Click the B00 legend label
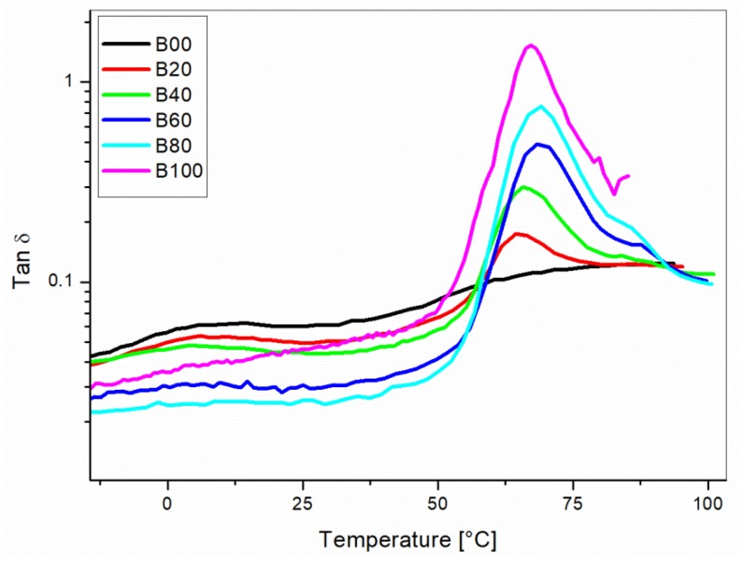point(174,42)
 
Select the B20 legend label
point(174,67)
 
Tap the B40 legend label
point(174,93)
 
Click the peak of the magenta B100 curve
point(531,45)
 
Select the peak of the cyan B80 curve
point(540,106)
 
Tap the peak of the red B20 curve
point(518,233)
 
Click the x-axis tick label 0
point(167,502)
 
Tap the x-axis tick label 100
point(707,502)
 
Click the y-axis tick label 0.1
point(68,281)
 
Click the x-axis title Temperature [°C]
point(407,540)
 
